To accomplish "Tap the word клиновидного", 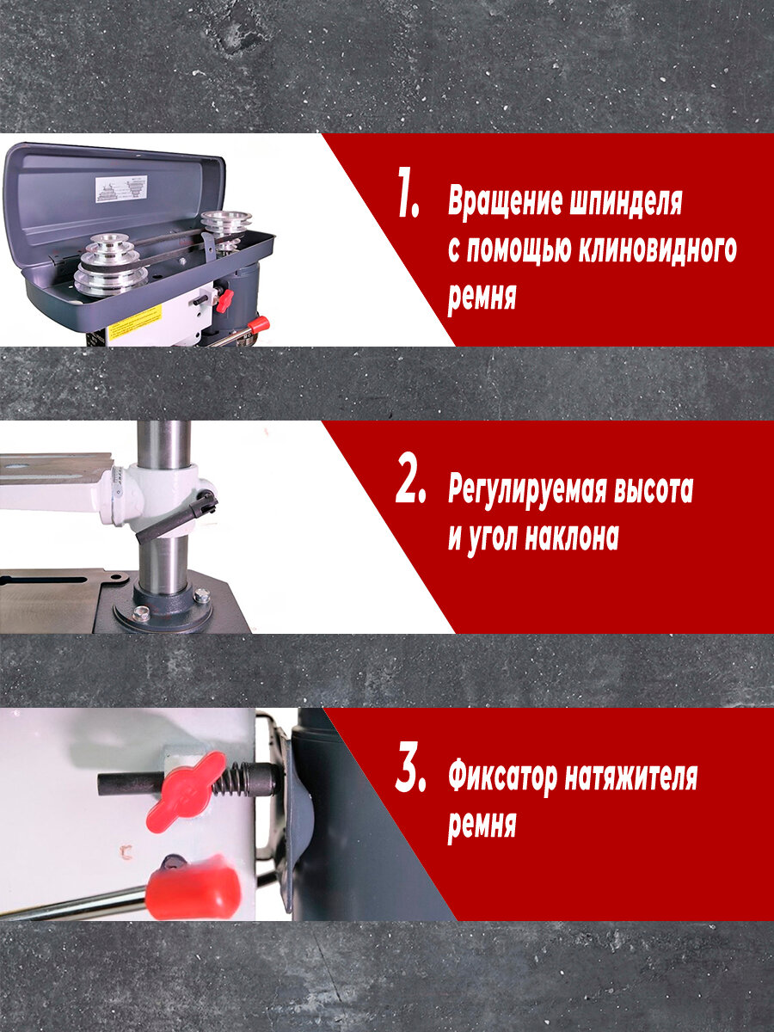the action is pos(657,249).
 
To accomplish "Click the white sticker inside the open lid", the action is pos(121,189).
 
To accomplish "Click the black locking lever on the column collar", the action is pos(176,517).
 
